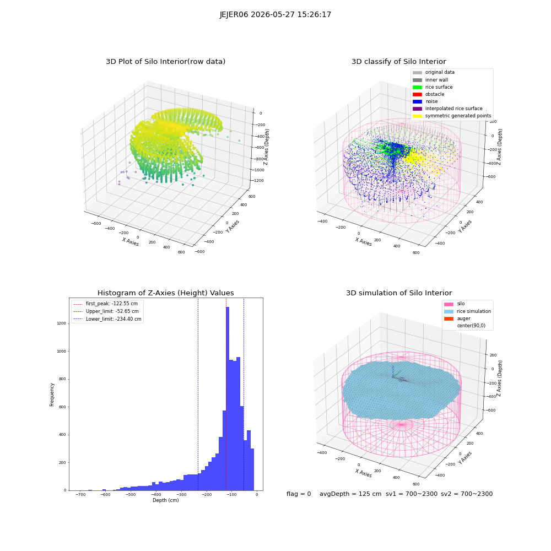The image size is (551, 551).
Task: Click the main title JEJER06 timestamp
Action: tap(275, 14)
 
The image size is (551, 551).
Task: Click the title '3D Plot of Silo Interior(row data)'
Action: tap(165, 62)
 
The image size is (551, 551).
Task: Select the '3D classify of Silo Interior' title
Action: tap(399, 62)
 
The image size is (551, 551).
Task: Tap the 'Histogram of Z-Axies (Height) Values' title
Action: tap(165, 293)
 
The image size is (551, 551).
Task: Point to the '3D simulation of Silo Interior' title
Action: tap(399, 293)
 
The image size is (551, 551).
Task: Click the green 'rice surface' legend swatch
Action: tap(417, 87)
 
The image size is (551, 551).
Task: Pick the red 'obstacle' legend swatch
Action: tap(417, 94)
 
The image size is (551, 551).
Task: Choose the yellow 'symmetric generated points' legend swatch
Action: tap(417, 116)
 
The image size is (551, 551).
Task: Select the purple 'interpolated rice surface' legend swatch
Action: tap(417, 109)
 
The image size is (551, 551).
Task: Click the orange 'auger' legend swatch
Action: tap(449, 318)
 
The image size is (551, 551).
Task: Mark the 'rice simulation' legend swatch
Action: tap(449, 311)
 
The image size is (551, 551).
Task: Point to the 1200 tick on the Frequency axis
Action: tap(62, 323)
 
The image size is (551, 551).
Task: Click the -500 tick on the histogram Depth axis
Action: tap(131, 494)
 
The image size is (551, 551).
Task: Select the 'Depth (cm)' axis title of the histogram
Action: tap(165, 500)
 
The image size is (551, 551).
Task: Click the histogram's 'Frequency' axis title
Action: tap(52, 395)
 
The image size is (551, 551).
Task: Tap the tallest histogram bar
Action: tap(228, 398)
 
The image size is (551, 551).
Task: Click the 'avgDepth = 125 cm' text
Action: tap(350, 494)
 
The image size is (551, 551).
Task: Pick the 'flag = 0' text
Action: tap(299, 494)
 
